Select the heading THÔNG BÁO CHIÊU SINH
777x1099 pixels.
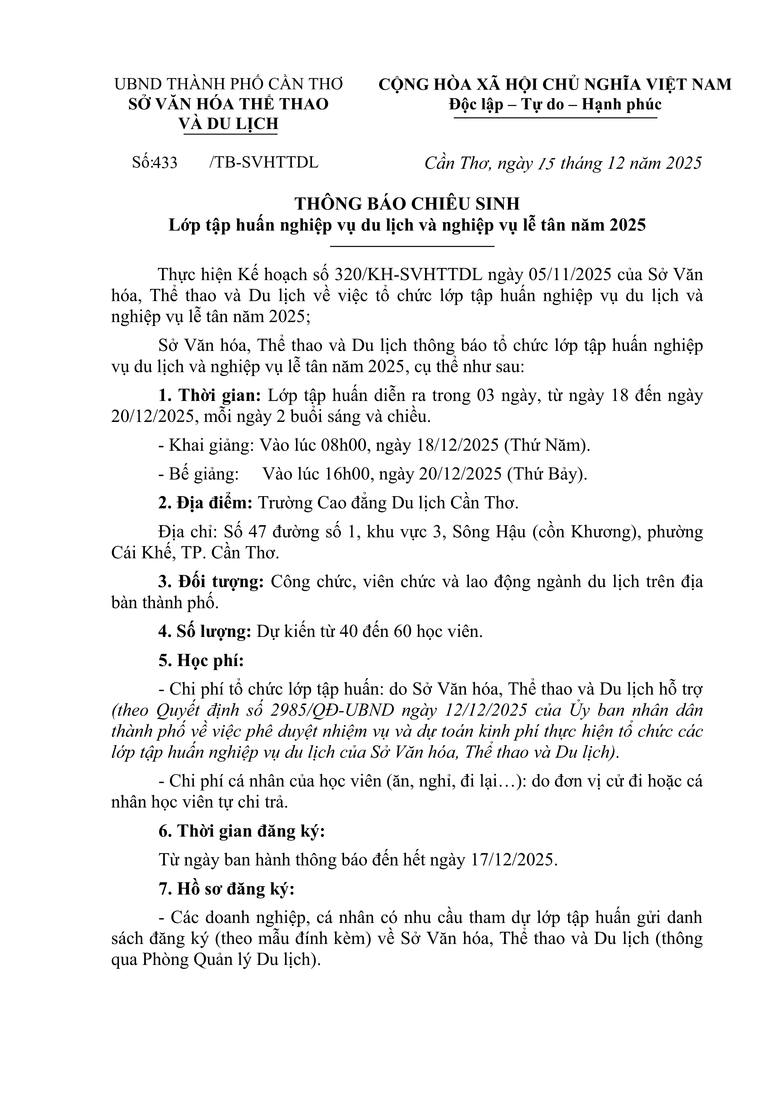click(x=407, y=203)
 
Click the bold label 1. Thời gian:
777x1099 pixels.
click(x=210, y=396)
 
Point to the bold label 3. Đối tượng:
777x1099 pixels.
click(x=211, y=582)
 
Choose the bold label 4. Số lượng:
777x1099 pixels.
click(x=205, y=632)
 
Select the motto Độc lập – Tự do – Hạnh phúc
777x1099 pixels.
click(x=555, y=104)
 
